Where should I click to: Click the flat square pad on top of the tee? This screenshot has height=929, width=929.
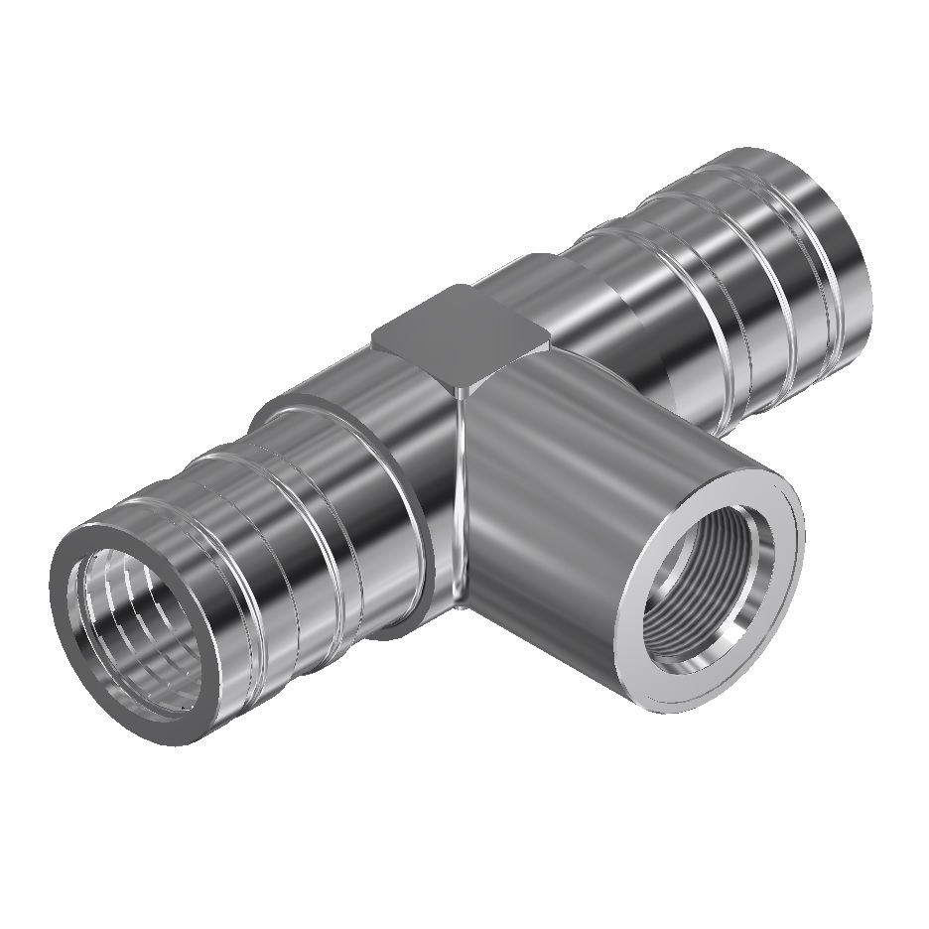460,329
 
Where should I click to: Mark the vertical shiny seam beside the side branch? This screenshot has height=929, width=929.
458,496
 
